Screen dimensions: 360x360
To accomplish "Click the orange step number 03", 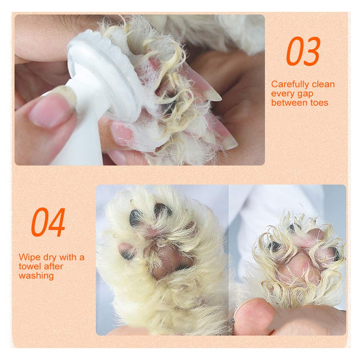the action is point(303,51).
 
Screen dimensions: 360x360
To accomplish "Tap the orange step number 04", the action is point(48,222).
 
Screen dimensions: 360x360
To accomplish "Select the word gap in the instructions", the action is point(305,94).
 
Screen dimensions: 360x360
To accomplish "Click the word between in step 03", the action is point(290,102).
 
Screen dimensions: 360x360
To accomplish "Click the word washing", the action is point(36,276).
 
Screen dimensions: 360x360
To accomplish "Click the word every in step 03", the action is point(283,94).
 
